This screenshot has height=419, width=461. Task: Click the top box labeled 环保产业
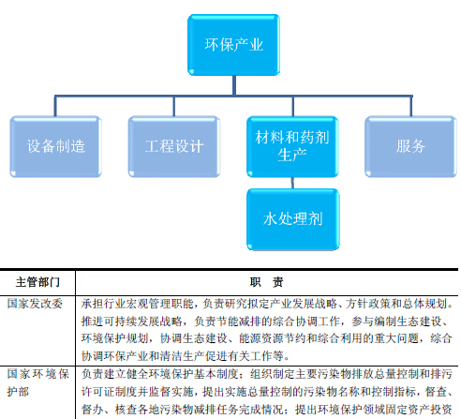[x=233, y=45]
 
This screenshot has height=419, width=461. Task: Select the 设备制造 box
[x=56, y=146]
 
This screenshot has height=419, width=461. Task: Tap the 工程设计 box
[x=174, y=146]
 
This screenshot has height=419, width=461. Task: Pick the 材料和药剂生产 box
[x=292, y=146]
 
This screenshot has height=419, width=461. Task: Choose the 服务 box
[x=410, y=146]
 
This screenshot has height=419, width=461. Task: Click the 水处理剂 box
[x=293, y=219]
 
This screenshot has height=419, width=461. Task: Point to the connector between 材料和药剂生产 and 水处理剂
[x=292, y=183]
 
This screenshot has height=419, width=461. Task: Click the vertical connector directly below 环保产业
[x=234, y=85]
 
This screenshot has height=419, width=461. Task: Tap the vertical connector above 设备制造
[x=55, y=106]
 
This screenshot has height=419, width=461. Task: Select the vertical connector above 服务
[x=411, y=106]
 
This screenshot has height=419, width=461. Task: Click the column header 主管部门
[x=37, y=282]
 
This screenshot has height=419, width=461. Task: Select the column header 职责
[x=266, y=282]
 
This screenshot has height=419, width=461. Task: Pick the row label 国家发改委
[x=35, y=304]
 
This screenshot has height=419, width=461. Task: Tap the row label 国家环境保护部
[x=38, y=382]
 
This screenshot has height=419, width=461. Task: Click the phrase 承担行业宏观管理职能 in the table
[x=138, y=304]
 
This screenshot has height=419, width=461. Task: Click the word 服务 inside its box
[x=410, y=146]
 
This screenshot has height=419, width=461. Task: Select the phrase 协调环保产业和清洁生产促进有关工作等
[x=182, y=356]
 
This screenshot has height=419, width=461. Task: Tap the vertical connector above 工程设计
[x=174, y=106]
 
